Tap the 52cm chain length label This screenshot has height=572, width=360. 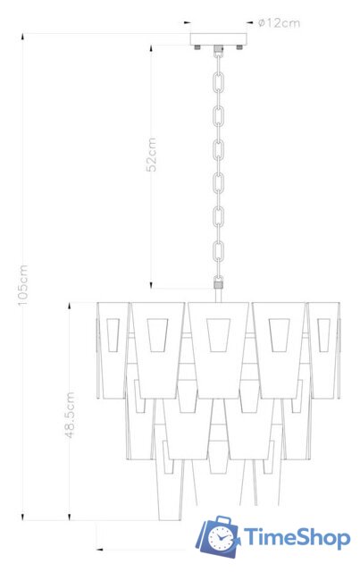click(x=152, y=154)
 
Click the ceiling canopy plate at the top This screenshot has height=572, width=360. click(x=216, y=40)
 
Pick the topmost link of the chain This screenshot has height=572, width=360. click(x=216, y=55)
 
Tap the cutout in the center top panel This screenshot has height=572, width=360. click(x=217, y=334)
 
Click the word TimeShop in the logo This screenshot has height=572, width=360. click(x=297, y=536)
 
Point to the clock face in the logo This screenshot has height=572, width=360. click(x=220, y=538)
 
